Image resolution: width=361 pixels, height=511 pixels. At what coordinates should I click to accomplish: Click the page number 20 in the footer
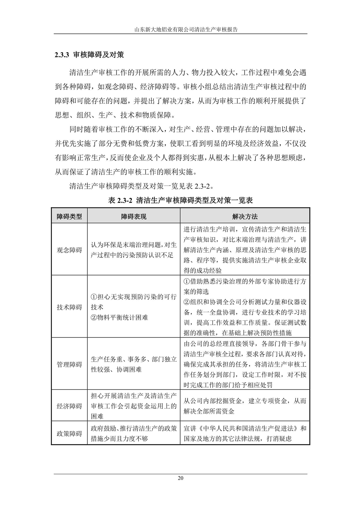click(x=180, y=478)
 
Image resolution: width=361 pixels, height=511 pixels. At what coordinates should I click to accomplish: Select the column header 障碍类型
click(x=69, y=216)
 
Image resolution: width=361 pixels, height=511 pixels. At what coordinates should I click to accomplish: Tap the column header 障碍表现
click(x=134, y=216)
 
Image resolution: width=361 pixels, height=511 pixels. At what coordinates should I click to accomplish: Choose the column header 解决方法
click(x=245, y=216)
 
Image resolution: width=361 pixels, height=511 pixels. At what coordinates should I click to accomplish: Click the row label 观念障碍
click(x=69, y=250)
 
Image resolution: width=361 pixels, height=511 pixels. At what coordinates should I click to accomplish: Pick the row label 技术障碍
click(x=69, y=307)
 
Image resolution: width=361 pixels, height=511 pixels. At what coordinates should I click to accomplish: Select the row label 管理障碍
click(x=69, y=364)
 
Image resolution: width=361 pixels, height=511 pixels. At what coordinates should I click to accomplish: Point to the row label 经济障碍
click(x=69, y=406)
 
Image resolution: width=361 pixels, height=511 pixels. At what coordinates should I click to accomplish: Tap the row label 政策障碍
click(x=69, y=434)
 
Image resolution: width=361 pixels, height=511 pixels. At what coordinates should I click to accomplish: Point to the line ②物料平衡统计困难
click(x=119, y=317)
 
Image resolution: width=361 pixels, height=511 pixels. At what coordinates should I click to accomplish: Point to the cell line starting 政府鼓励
click(x=134, y=428)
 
